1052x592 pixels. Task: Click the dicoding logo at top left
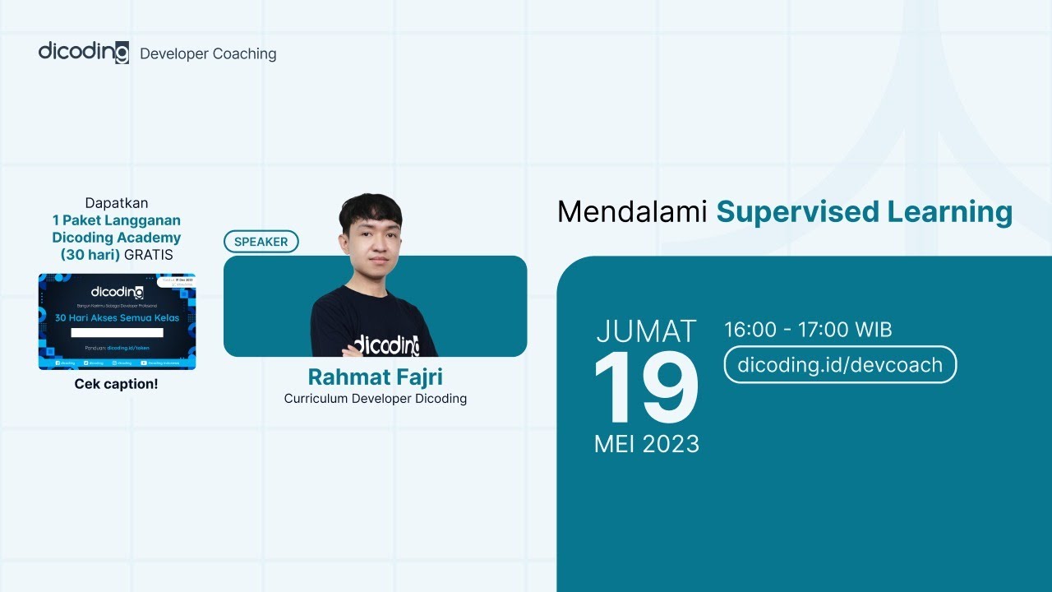click(x=83, y=52)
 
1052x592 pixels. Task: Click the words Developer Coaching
click(x=208, y=54)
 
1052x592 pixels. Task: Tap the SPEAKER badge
click(x=261, y=242)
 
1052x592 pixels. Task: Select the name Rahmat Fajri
click(x=376, y=377)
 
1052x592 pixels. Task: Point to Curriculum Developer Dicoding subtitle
click(x=376, y=399)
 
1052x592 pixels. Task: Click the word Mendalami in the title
click(x=632, y=212)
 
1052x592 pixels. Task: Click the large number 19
click(x=646, y=389)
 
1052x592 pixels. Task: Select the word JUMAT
click(x=646, y=331)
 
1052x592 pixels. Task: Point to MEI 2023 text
click(x=646, y=445)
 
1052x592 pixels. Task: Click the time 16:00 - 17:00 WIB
click(x=808, y=331)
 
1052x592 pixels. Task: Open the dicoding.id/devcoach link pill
click(x=840, y=365)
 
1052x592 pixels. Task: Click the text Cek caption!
click(x=116, y=384)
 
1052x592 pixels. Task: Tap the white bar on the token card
click(x=117, y=333)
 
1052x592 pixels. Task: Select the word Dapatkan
click(x=117, y=203)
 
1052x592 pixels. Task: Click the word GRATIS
click(x=149, y=255)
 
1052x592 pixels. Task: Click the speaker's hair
click(x=371, y=210)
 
